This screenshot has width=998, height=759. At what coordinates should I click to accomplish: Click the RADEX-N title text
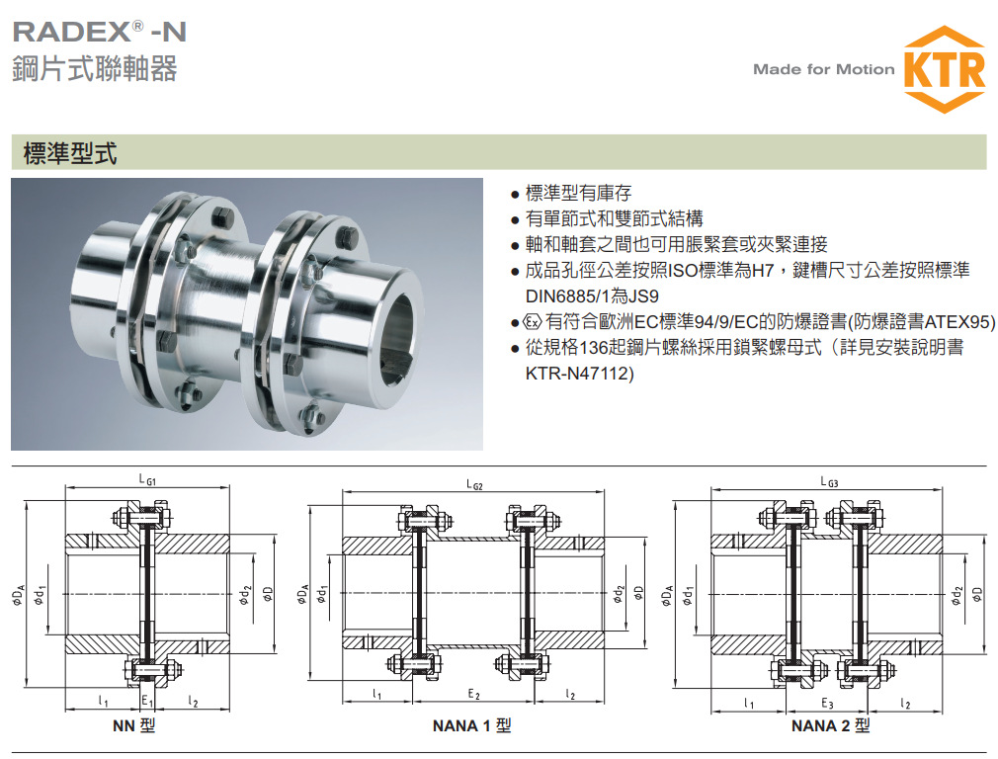pyautogui.click(x=99, y=31)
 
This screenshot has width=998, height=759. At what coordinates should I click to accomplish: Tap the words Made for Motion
pyautogui.click(x=823, y=69)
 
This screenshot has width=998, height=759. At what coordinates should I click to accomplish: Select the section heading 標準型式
pyautogui.click(x=70, y=153)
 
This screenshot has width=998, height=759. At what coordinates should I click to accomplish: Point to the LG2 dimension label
pyautogui.click(x=473, y=484)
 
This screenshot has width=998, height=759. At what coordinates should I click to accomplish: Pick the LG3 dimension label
pyautogui.click(x=828, y=481)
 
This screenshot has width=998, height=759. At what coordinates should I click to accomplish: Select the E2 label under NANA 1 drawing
pyautogui.click(x=473, y=695)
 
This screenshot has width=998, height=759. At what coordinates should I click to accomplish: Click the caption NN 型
pyautogui.click(x=134, y=727)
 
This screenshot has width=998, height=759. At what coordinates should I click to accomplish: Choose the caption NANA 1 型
pyautogui.click(x=471, y=726)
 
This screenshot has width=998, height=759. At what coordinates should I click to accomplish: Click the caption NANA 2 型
pyautogui.click(x=830, y=726)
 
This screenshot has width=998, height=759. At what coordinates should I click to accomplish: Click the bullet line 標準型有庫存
pyautogui.click(x=578, y=193)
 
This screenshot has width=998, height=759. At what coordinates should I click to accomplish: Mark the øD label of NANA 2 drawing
pyautogui.click(x=977, y=593)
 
